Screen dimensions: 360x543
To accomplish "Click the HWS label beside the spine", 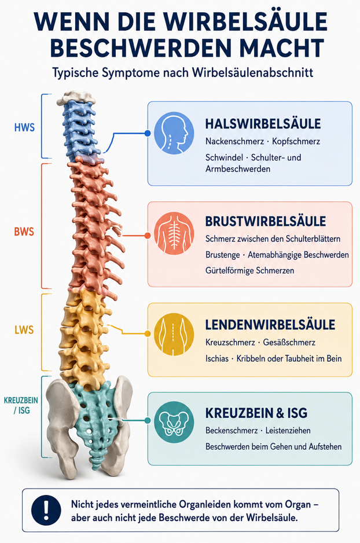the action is click(24, 127).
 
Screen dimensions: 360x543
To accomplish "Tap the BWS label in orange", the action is click(24, 232).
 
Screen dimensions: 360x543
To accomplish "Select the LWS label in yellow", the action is click(24, 329).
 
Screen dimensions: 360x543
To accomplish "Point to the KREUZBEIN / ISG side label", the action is click(21, 405).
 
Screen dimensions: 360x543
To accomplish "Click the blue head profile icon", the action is click(174, 133).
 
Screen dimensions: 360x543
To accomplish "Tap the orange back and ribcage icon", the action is click(174, 233).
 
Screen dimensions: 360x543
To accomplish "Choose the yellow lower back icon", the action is click(174, 334).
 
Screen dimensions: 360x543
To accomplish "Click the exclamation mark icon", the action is click(46, 510).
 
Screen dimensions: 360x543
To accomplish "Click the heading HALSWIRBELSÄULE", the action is click(263, 124).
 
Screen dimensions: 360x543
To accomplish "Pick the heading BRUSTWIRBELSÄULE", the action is click(266, 221).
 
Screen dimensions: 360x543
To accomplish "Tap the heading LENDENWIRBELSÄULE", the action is click(270, 325).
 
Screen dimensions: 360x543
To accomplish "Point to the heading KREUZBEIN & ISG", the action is click(256, 413).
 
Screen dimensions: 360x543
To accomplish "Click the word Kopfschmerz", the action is click(296, 141).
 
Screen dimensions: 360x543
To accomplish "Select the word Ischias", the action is click(217, 358).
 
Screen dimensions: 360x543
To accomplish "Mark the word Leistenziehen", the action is click(288, 431).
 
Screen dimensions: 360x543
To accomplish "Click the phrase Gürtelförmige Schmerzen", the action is click(249, 270).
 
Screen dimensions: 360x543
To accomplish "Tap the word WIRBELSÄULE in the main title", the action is click(245, 22).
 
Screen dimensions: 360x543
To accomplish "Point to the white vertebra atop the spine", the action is click(76, 97).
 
